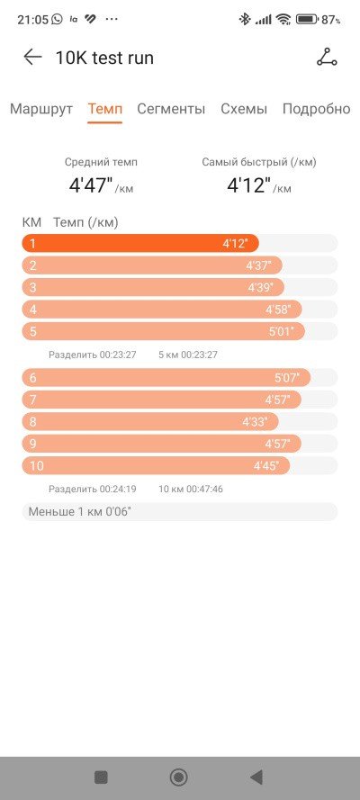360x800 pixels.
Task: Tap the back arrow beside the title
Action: [32, 58]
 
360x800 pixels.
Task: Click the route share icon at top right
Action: [327, 58]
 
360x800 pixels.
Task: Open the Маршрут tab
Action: [41, 109]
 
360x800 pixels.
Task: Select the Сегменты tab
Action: [171, 109]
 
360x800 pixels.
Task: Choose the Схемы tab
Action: [244, 109]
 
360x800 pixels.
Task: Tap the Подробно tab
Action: [316, 109]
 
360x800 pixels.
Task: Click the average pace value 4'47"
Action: [91, 185]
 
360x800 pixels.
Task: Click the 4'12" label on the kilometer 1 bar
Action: [235, 243]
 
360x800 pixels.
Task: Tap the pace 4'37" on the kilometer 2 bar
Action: [258, 265]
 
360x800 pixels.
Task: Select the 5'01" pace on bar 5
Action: [282, 331]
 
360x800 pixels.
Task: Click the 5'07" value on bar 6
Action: [287, 378]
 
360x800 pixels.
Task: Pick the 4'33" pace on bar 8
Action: [255, 422]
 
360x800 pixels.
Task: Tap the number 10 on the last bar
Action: [37, 466]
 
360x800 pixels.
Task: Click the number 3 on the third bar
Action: [33, 287]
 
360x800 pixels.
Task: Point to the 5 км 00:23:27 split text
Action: [188, 355]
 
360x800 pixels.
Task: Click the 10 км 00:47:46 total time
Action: [191, 490]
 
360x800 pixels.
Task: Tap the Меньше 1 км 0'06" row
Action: [179, 512]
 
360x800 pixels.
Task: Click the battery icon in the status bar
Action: [308, 20]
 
